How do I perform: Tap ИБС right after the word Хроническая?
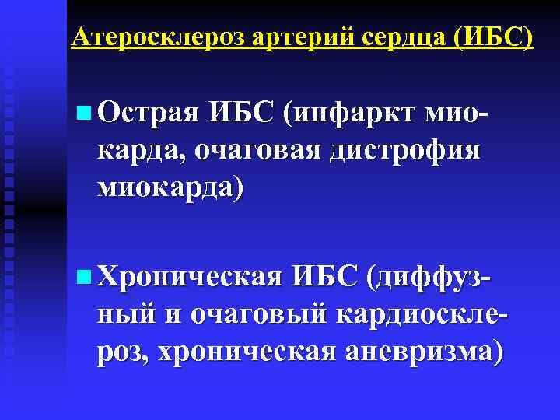[326, 275]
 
